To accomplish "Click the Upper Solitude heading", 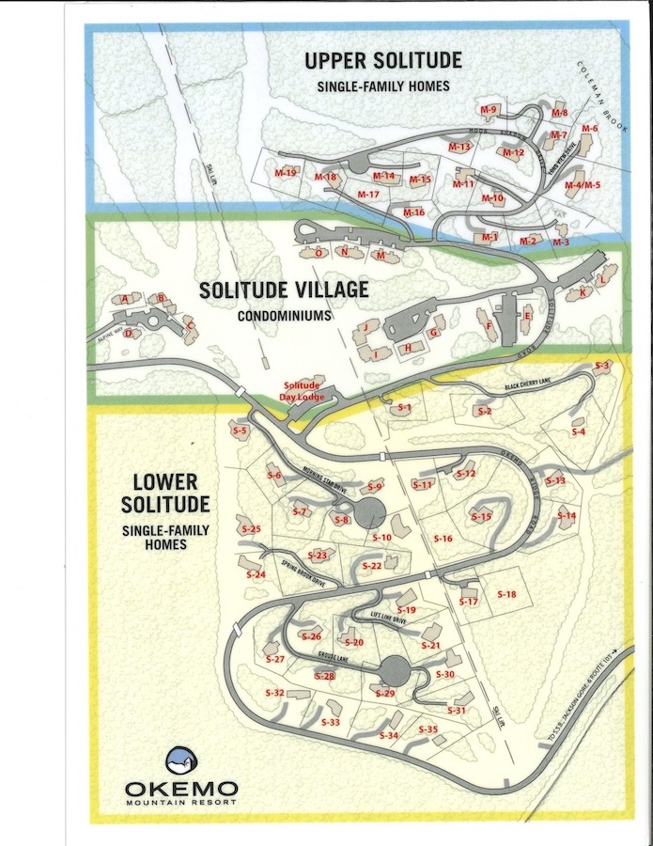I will pyautogui.click(x=382, y=61).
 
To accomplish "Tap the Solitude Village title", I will pyautogui.click(x=283, y=290).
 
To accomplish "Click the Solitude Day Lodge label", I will pyautogui.click(x=303, y=392).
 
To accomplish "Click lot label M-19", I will pyautogui.click(x=286, y=173).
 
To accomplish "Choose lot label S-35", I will pyautogui.click(x=428, y=729).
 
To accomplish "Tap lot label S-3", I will pyautogui.click(x=602, y=366).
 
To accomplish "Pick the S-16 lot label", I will pyautogui.click(x=443, y=539).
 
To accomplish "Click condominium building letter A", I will pyautogui.click(x=124, y=300).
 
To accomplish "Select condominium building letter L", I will pyautogui.click(x=601, y=279).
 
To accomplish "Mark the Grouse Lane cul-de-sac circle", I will pyautogui.click(x=396, y=671).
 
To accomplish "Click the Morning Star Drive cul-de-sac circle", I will pyautogui.click(x=368, y=513).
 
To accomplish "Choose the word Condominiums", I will pyautogui.click(x=284, y=316).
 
